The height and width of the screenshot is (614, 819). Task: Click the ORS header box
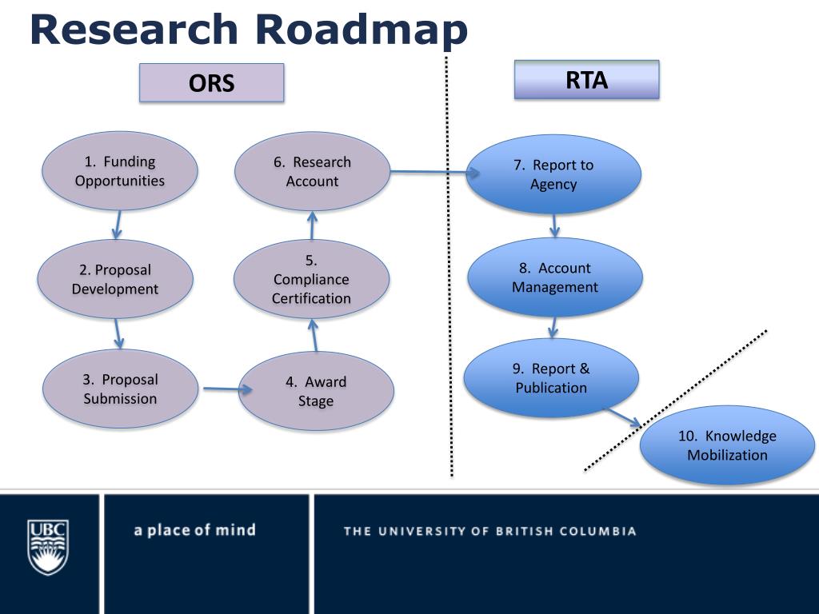211,83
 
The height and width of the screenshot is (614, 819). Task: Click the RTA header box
586,80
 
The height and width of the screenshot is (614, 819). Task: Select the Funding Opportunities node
120,171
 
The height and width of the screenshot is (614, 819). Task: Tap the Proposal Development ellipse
115,279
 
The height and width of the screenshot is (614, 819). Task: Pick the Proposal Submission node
120,389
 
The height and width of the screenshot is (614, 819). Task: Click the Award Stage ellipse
316,391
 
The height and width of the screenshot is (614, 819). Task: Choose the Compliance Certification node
311,279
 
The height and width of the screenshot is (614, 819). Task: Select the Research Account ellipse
312,171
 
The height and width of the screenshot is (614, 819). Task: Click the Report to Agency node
553,174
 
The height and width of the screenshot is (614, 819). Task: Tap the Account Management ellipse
555,277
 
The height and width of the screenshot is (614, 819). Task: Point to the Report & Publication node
551,378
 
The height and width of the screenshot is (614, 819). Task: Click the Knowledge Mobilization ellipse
727,445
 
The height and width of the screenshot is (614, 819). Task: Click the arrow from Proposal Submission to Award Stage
227,390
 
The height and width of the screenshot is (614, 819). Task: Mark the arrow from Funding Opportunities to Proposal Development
118,225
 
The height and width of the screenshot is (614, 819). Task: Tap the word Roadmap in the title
361,30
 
